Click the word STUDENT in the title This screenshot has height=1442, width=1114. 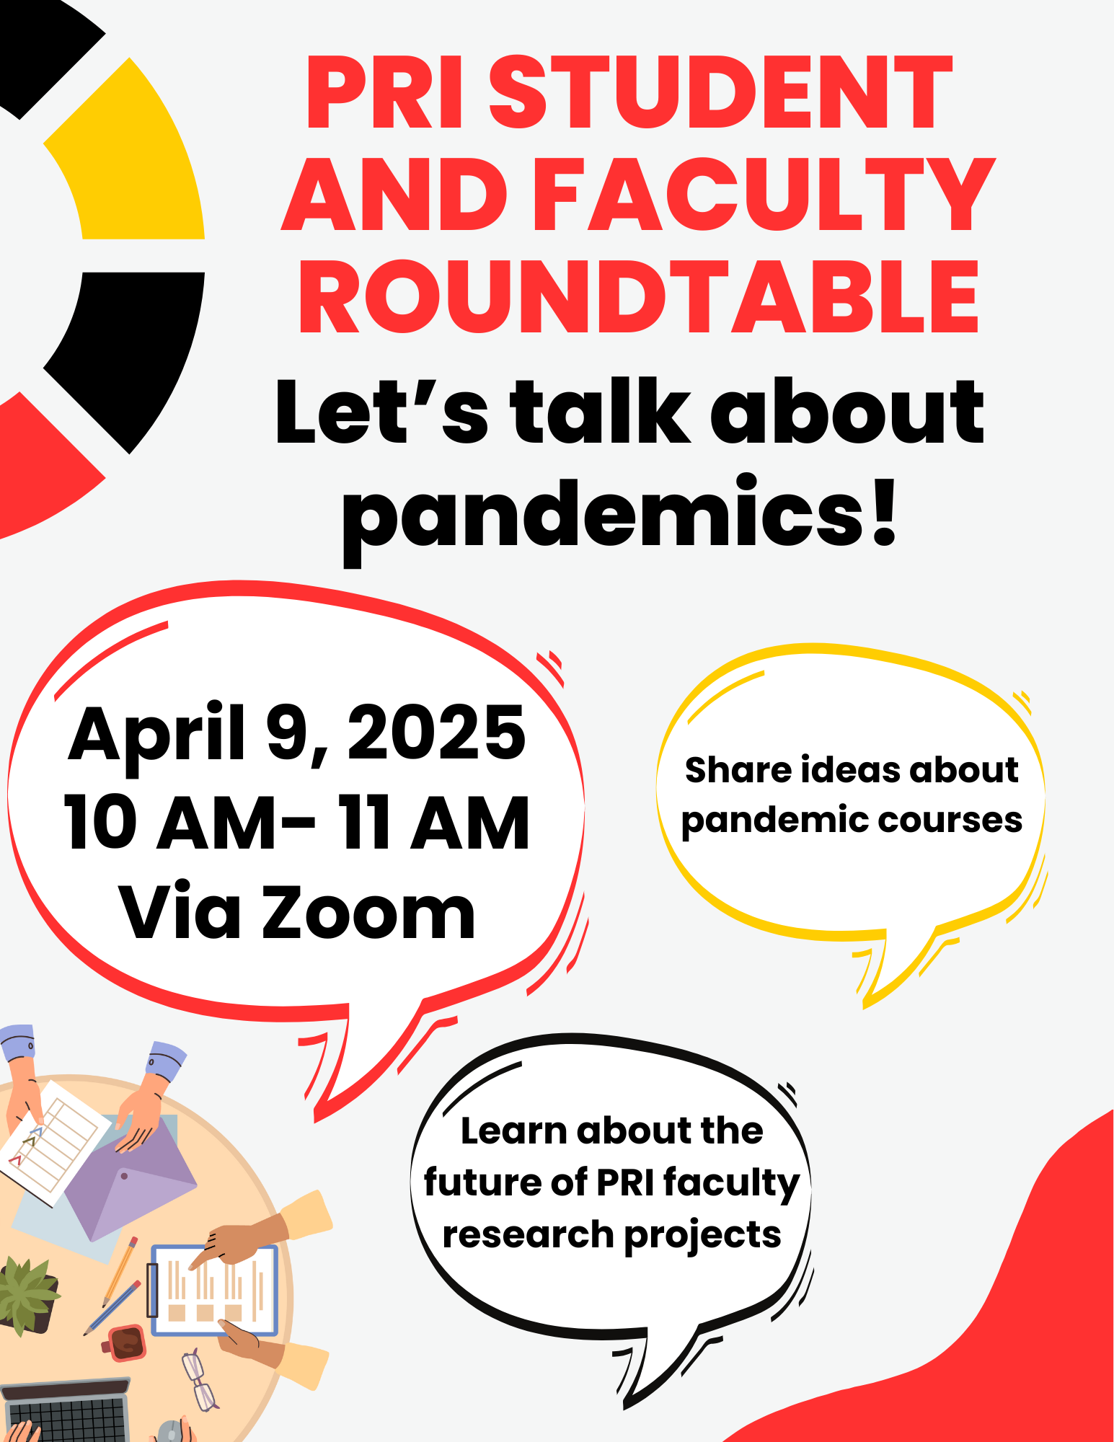pyautogui.click(x=721, y=92)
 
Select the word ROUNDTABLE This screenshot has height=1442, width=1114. pyautogui.click(x=639, y=297)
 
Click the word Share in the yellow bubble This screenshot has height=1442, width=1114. pyautogui.click(x=737, y=769)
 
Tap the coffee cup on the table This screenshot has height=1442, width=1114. pyautogui.click(x=125, y=1341)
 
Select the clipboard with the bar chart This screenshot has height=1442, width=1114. pyautogui.click(x=213, y=1291)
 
